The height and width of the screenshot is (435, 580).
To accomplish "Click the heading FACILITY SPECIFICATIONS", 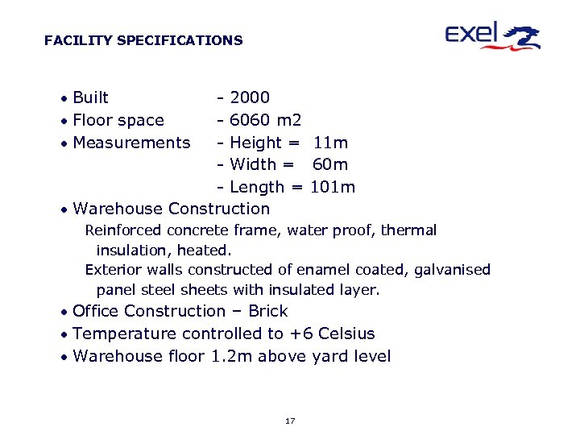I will tap(143, 40).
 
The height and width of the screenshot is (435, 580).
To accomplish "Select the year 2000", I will tap(250, 98).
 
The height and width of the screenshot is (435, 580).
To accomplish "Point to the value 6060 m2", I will tap(265, 121).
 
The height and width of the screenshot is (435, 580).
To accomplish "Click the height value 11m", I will tap(330, 143).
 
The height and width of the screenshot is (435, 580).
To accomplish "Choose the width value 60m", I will tap(330, 165).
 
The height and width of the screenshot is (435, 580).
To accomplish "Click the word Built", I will tap(90, 98).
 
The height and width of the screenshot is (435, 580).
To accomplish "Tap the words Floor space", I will tap(118, 121).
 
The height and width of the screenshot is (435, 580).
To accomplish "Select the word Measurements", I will tap(131, 143).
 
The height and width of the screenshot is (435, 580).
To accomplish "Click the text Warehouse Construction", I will tap(171, 209).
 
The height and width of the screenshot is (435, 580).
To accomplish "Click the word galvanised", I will tap(452, 271).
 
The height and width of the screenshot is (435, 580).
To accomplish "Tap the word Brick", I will tap(267, 312).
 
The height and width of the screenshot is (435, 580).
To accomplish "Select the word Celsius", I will tap(346, 334).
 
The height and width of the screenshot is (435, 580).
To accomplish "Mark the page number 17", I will tap(290, 421).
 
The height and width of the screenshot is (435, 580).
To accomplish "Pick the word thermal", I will tap(408, 231).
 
